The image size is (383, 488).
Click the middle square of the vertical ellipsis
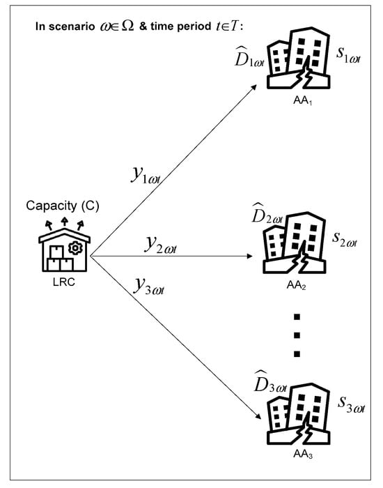point(297,337)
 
